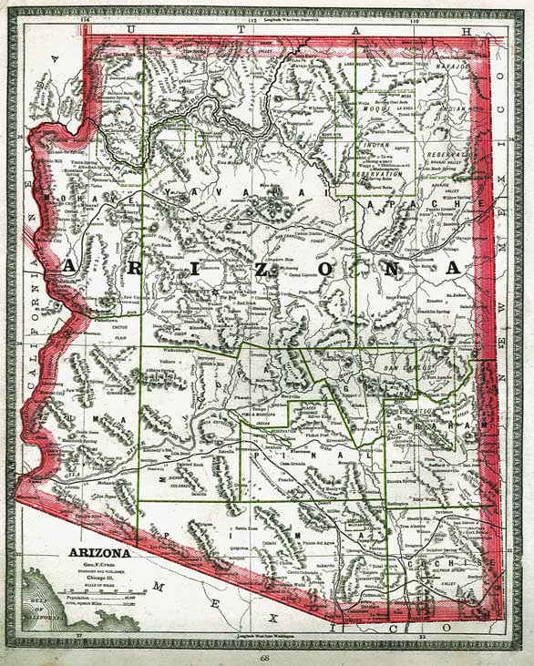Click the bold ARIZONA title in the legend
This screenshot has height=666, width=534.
97,553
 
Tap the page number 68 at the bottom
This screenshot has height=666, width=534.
264,655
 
